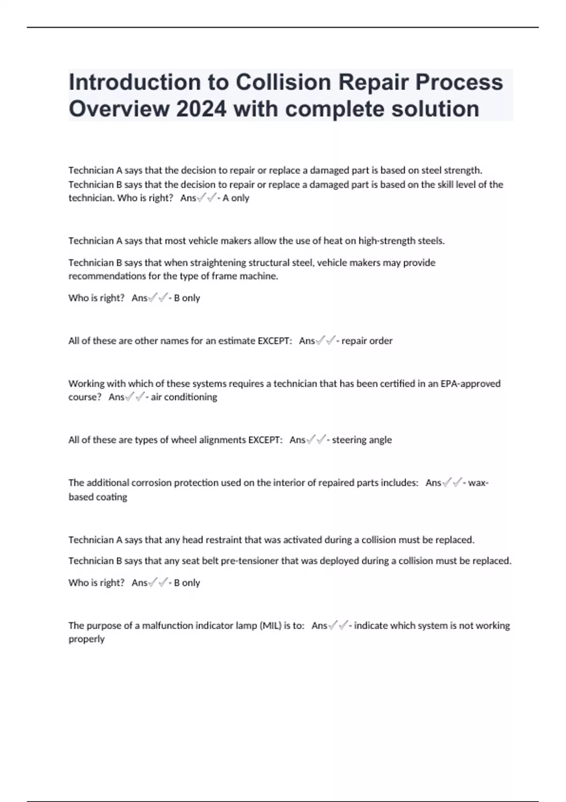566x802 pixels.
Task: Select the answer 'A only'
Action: [x=236, y=198]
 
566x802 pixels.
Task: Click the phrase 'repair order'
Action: [x=366, y=341]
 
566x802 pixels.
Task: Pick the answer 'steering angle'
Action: [x=362, y=440]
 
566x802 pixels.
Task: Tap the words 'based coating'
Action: [x=98, y=497]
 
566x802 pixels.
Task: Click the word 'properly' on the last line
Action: [x=86, y=639]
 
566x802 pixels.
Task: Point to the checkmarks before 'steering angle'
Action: [x=316, y=440]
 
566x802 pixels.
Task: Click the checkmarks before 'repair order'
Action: [x=326, y=341]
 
